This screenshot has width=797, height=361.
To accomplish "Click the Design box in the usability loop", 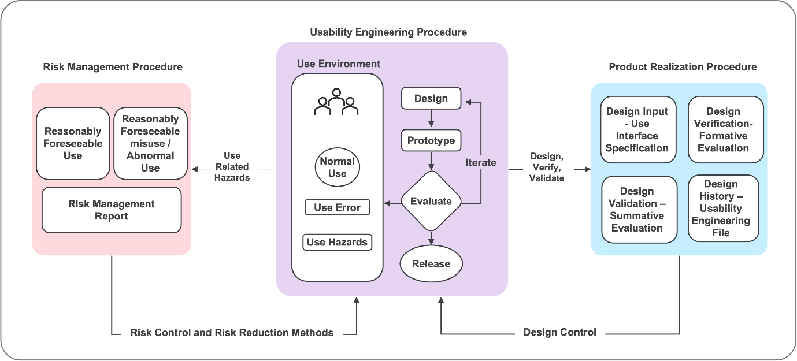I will pos(431,98).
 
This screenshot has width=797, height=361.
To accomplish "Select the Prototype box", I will pos(431,140).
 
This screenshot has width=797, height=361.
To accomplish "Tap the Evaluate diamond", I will pos(431,202).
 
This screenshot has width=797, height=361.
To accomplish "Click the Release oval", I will pos(431,264).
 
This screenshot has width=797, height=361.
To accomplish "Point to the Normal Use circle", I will pos(338,167).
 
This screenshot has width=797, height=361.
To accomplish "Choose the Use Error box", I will pos(338,207).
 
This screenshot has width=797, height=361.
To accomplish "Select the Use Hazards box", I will pos(338,242).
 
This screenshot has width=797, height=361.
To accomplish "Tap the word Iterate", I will pos(481,162).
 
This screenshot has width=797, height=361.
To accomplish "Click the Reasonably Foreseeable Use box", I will pos(73,143).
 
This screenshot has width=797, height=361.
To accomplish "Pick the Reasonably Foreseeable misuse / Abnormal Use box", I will pos(150,143).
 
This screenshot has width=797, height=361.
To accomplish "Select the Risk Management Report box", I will pos(112,210).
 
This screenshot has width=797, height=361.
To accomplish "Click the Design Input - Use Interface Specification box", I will pos(637,129).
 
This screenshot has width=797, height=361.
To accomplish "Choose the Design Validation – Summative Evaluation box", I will pos(637,209).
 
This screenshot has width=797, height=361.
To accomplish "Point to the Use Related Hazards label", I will pos(232,166).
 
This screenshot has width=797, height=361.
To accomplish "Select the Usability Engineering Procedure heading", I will pos(388,32).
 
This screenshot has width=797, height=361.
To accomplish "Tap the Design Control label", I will pos(559,332).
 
